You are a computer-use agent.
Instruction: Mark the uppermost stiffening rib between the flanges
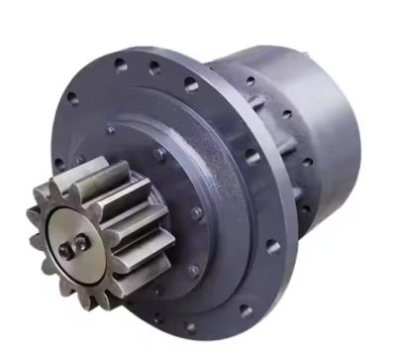click(260, 109)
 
